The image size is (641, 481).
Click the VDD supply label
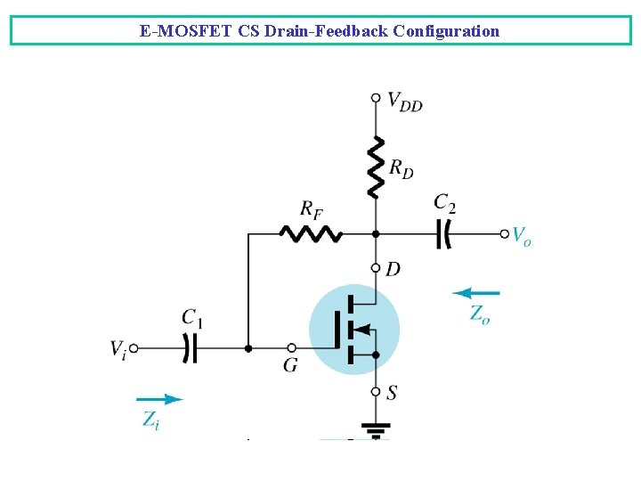tap(405, 102)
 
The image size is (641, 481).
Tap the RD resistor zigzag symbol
tap(376, 167)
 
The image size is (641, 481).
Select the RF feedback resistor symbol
tap(310, 233)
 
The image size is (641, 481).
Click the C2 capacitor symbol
tap(444, 233)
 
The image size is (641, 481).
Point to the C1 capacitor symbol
tap(189, 347)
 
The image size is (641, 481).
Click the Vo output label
tap(522, 236)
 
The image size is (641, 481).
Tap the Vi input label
tap(118, 349)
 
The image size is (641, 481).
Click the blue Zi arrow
tap(160, 399)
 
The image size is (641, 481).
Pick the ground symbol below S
tap(376, 431)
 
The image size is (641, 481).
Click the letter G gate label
tap(290, 366)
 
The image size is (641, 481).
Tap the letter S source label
tap(392, 393)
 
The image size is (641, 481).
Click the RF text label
tap(311, 210)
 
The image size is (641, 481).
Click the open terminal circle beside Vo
tap(505, 233)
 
